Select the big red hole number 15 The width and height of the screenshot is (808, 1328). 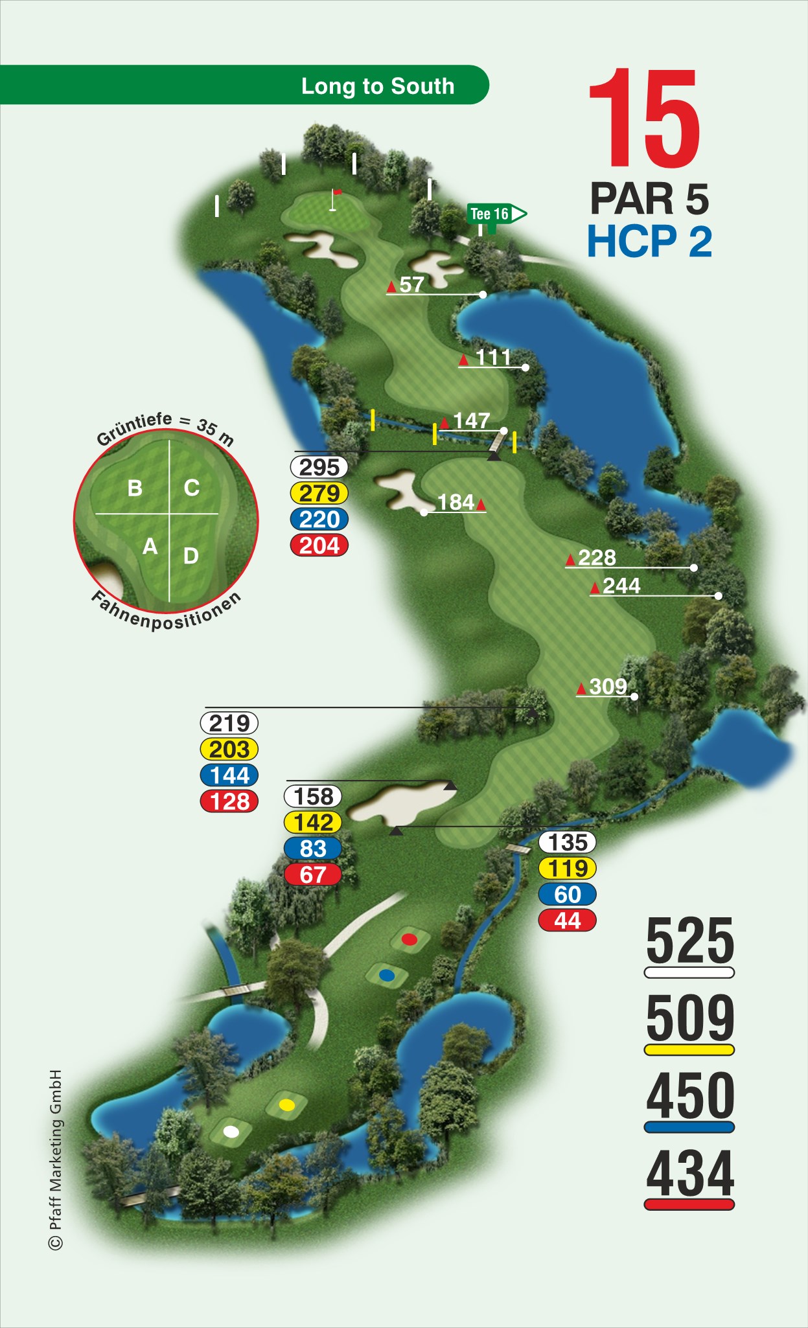[x=645, y=119]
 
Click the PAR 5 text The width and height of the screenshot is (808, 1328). [x=649, y=198]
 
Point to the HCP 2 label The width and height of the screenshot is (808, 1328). [x=649, y=242]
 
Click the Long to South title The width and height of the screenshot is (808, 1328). [x=378, y=86]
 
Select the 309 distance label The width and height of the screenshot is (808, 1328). [x=608, y=687]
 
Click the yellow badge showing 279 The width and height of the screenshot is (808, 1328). [x=319, y=494]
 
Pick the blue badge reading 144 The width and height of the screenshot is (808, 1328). [x=229, y=775]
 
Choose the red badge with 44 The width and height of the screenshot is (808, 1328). [x=567, y=921]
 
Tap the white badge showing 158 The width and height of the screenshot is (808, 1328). [x=313, y=796]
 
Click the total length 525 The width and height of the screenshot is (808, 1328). [x=689, y=941]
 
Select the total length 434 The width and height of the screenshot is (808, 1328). [x=689, y=1174]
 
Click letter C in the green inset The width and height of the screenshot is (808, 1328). [x=192, y=488]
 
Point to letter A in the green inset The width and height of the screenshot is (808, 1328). [x=150, y=547]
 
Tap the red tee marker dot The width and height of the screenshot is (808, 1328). [x=409, y=939]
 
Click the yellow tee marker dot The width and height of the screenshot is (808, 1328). [x=286, y=1105]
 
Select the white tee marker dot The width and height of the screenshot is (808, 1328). [x=231, y=1132]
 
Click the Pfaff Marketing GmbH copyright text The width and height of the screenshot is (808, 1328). [x=56, y=1160]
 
